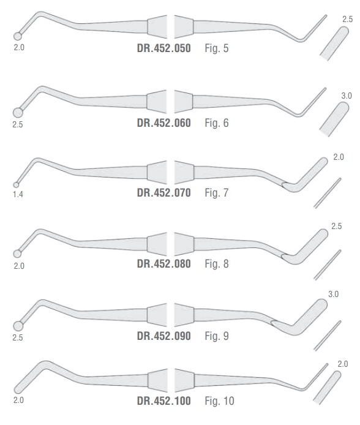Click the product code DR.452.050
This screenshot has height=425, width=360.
pyautogui.click(x=164, y=48)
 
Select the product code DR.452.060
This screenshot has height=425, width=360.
pyautogui.click(x=164, y=122)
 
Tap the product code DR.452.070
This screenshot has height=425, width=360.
pyautogui.click(x=164, y=193)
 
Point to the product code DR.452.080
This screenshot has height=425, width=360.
pyautogui.click(x=164, y=264)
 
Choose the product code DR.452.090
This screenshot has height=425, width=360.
pyautogui.click(x=164, y=336)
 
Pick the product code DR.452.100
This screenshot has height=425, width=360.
pyautogui.click(x=164, y=401)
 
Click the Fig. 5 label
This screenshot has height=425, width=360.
pyautogui.click(x=217, y=48)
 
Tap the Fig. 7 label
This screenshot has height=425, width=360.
pyautogui.click(x=217, y=193)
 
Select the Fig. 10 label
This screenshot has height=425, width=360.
pyautogui.click(x=219, y=401)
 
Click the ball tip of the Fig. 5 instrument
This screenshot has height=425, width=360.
pyautogui.click(x=18, y=36)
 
